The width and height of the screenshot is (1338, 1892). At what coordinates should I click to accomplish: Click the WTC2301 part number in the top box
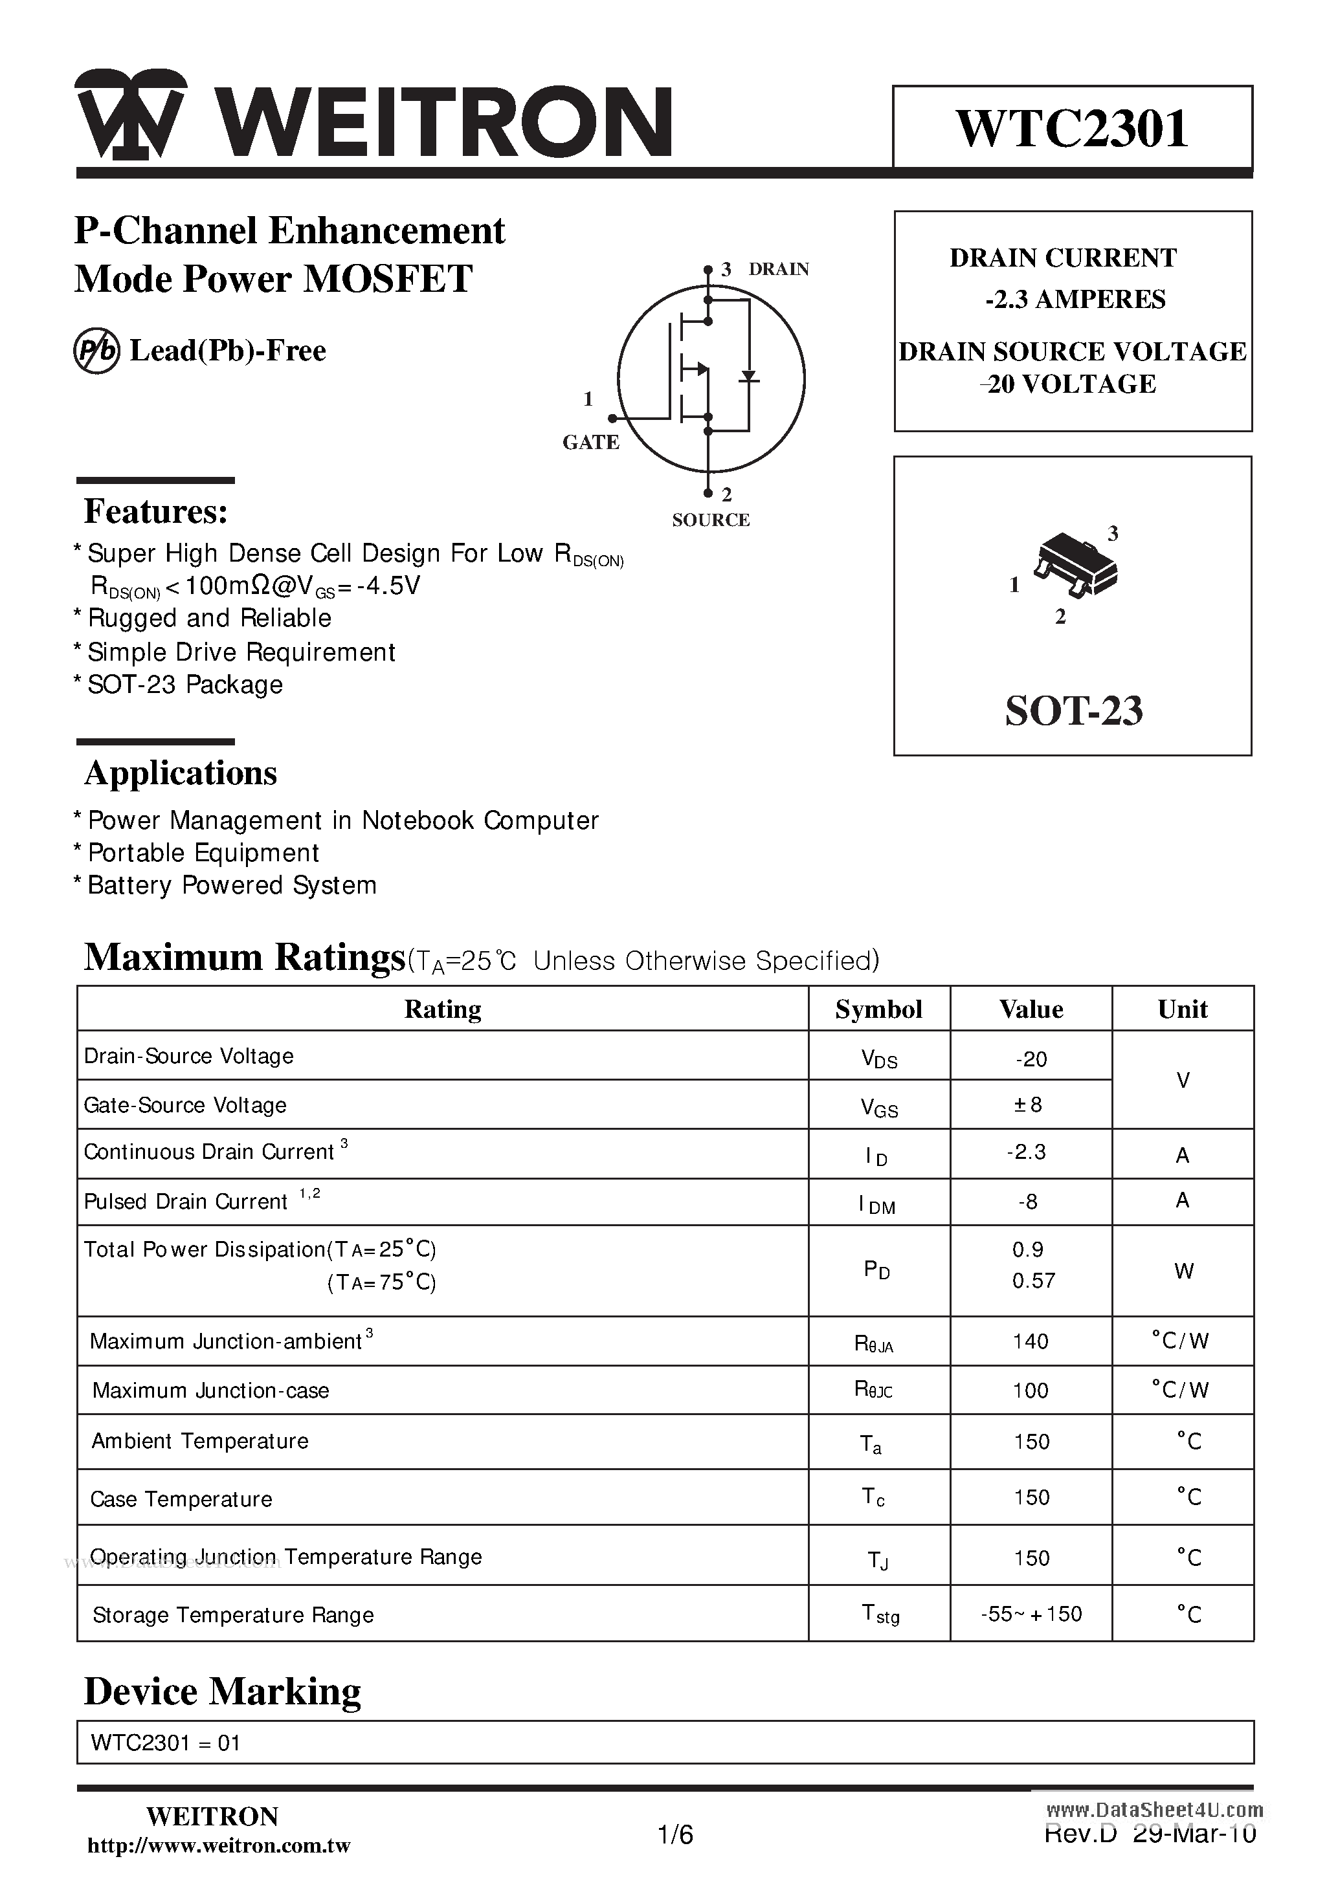coord(1072,129)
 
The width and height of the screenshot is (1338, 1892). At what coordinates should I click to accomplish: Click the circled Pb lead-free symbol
coord(97,351)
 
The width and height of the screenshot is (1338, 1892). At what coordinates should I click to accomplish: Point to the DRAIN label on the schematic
coord(778,269)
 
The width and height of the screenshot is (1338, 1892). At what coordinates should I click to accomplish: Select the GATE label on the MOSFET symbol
coord(590,443)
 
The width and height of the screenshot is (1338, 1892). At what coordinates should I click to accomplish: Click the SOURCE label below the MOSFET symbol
coord(711,520)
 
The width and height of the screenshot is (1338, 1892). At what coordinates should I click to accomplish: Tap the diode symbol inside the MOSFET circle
coord(748,377)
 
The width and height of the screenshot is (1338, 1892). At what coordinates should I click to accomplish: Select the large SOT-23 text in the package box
coord(1073,710)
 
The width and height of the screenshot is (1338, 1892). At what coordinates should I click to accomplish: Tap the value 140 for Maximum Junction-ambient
coord(1031,1341)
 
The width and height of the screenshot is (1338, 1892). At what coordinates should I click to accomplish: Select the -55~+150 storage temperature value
coord(1031,1614)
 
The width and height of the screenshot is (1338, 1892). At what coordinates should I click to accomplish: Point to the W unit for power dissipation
coord(1183,1271)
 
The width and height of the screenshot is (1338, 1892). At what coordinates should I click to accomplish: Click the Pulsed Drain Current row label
coord(186,1202)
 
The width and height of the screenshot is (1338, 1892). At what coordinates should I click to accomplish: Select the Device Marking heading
coord(223,1692)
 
